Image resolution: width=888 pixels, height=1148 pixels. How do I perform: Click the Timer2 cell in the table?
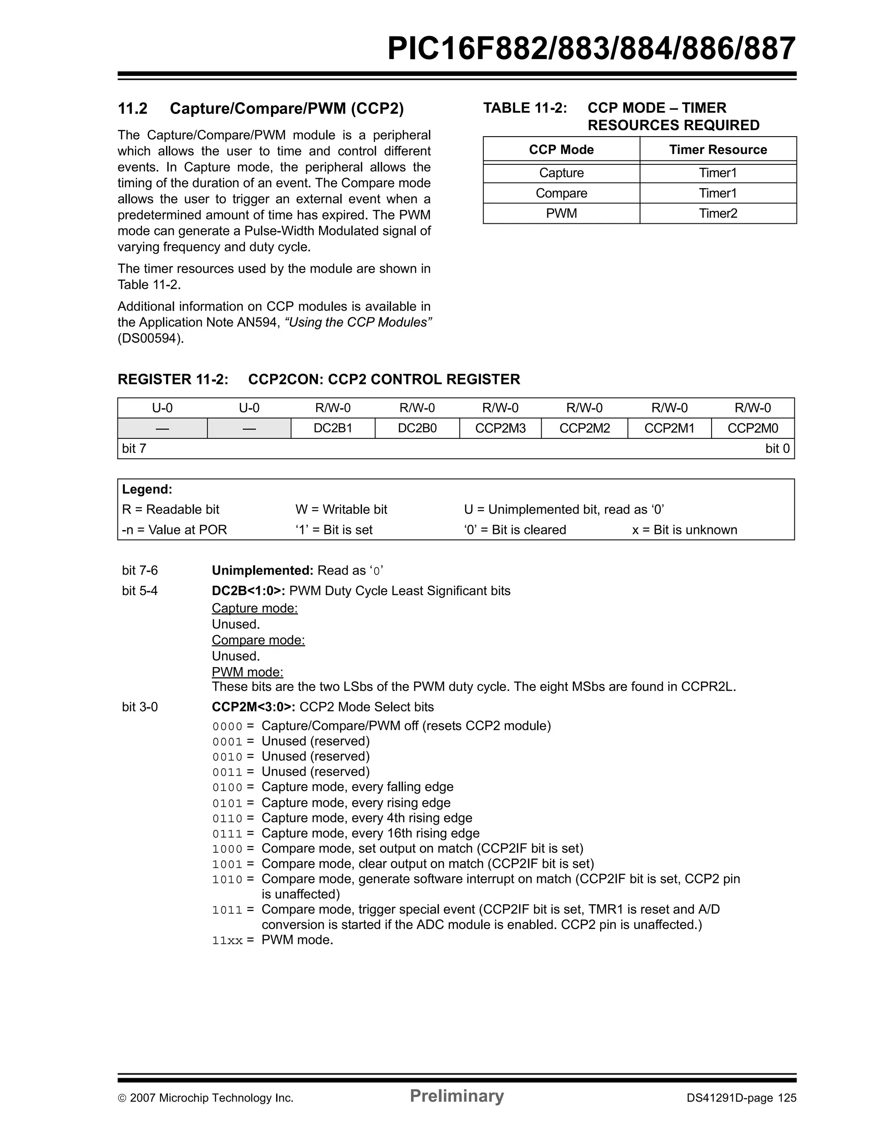pyautogui.click(x=718, y=213)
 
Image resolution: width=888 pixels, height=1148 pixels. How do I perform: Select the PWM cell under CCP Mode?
pyautogui.click(x=561, y=213)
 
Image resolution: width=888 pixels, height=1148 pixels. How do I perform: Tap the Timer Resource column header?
pyautogui.click(x=718, y=149)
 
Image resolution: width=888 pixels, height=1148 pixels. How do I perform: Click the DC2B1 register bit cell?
pyautogui.click(x=333, y=428)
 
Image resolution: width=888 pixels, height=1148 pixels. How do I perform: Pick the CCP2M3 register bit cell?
pyautogui.click(x=500, y=428)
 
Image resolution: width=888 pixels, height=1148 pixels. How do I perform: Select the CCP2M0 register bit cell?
pyautogui.click(x=752, y=428)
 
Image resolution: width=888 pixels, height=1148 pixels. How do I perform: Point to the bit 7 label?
pyautogui.click(x=134, y=448)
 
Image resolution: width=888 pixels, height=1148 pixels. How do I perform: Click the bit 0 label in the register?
pyautogui.click(x=777, y=448)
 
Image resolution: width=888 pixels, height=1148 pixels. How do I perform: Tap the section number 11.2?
pyautogui.click(x=132, y=109)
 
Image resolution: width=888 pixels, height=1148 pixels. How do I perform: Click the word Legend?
pyautogui.click(x=147, y=489)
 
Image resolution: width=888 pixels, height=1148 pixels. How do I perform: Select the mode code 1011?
pyautogui.click(x=228, y=910)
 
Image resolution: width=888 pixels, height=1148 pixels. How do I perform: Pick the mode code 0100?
pyautogui.click(x=228, y=788)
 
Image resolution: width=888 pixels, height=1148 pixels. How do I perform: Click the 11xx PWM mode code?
pyautogui.click(x=228, y=941)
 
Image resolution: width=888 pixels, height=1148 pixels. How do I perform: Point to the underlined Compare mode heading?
pyautogui.click(x=258, y=640)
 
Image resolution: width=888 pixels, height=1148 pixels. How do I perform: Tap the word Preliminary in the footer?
pyautogui.click(x=457, y=1096)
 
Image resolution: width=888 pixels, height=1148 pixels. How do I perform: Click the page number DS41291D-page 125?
pyautogui.click(x=741, y=1098)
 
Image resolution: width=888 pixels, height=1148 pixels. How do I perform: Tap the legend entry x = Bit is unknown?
pyautogui.click(x=684, y=530)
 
